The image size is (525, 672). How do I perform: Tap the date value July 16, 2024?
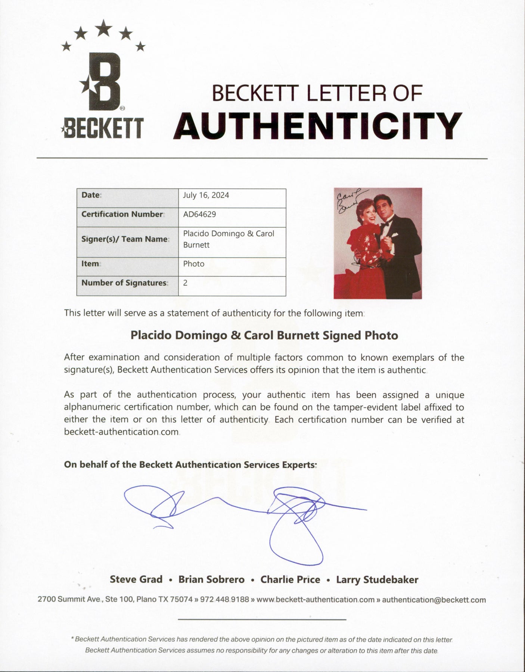click(x=206, y=195)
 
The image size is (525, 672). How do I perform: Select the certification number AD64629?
click(x=199, y=214)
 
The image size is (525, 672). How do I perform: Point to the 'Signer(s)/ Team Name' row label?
click(x=124, y=239)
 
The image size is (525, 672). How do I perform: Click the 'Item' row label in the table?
click(x=90, y=264)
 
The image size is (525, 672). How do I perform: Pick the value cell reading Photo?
click(x=194, y=264)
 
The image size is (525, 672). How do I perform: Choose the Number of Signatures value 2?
click(x=185, y=283)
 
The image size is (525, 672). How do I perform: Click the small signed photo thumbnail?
click(x=378, y=243)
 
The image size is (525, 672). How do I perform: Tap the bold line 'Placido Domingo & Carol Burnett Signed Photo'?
click(x=264, y=335)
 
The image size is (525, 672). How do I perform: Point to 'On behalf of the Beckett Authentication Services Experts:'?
click(x=190, y=464)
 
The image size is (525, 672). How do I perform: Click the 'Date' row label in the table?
click(x=91, y=195)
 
